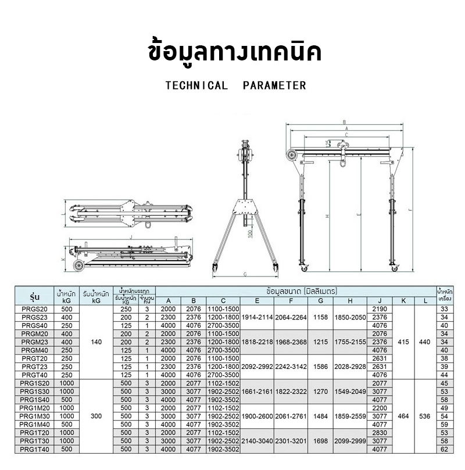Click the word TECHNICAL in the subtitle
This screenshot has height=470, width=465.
click(197, 86)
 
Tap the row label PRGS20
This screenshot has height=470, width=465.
click(35, 310)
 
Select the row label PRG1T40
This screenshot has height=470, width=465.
click(35, 449)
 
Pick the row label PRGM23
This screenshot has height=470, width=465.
click(35, 342)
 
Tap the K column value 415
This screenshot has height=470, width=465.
click(403, 342)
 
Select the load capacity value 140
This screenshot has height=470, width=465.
click(96, 342)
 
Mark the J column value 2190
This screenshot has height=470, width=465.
click(380, 310)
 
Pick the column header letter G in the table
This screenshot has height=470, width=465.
click(321, 300)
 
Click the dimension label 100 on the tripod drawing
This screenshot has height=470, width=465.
click(249, 234)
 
